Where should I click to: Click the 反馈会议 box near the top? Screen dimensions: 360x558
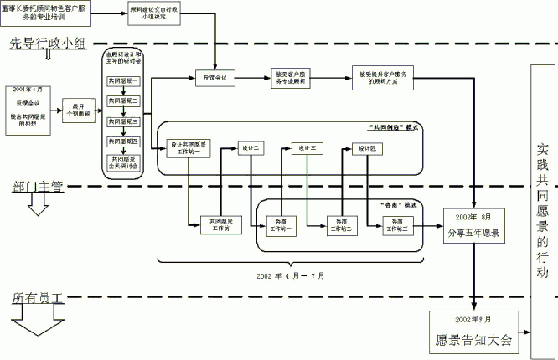(x=216, y=79)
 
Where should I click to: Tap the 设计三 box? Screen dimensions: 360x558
(x=307, y=148)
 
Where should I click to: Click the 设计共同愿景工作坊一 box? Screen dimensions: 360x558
(x=189, y=147)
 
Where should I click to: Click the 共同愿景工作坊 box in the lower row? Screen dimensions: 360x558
(x=222, y=224)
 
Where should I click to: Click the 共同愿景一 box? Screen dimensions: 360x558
(x=123, y=81)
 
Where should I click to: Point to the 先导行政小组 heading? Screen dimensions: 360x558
(x=48, y=44)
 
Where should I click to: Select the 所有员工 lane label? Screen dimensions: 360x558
(x=38, y=296)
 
